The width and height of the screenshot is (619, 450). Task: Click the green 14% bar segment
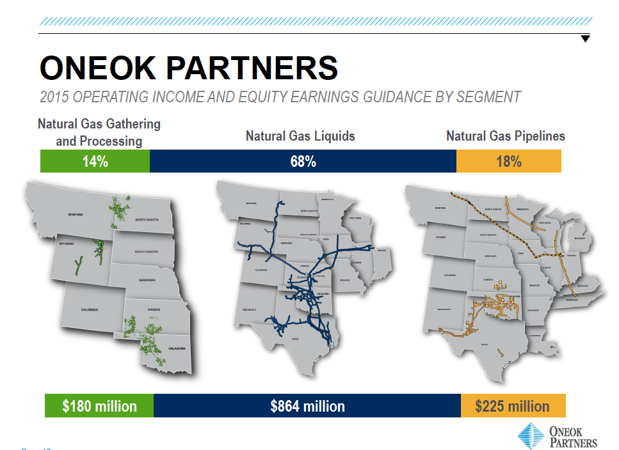tap(95, 162)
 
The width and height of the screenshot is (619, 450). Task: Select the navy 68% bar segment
tap(303, 162)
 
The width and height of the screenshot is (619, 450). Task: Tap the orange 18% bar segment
tap(509, 162)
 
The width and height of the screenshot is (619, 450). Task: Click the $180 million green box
tap(99, 407)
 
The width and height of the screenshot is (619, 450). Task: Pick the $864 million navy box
tap(307, 407)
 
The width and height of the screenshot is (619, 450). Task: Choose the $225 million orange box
tap(513, 407)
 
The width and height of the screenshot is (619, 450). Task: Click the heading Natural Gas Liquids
tap(300, 136)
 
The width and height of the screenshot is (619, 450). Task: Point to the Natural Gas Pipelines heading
tap(506, 136)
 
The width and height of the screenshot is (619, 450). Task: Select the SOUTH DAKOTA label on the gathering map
tap(147, 252)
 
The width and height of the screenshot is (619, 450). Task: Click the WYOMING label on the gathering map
tap(67, 244)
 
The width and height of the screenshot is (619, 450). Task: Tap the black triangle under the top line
tap(585, 39)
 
